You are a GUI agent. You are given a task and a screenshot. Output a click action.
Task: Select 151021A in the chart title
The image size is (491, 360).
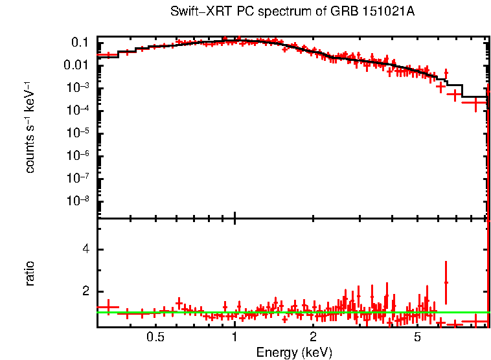coord(390,12)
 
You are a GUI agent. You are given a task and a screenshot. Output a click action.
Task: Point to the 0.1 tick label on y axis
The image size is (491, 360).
coord(80,43)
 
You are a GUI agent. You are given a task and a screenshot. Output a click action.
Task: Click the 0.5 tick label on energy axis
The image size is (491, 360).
coord(155,337)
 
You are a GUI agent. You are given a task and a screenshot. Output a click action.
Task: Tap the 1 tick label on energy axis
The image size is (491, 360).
coord(234,337)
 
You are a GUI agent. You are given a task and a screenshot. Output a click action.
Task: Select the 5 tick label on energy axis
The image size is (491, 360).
coord(418,337)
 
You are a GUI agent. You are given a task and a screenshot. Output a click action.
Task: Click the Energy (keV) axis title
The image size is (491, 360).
coord(294,353)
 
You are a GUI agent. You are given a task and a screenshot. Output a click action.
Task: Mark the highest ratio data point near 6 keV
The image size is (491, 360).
coord(446,282)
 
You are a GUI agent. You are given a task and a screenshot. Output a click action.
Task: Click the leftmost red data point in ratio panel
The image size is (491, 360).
coord(108,308)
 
